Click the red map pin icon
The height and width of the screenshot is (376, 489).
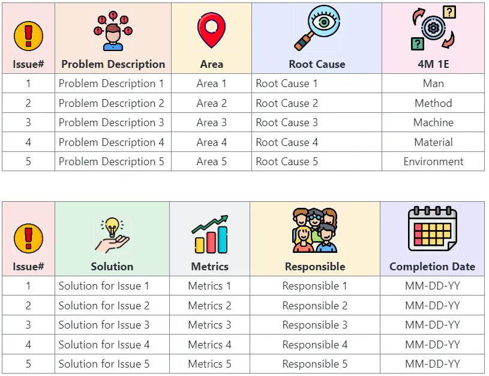pos(211,30)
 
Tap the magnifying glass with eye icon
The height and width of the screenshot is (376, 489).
pos(317,28)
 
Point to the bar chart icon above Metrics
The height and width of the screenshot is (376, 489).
pos(210,234)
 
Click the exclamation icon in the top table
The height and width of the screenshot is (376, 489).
pos(28,36)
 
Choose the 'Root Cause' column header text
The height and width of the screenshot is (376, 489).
pos(317,64)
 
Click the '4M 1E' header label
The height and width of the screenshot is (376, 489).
pos(433,64)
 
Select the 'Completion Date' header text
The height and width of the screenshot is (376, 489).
pos(432,267)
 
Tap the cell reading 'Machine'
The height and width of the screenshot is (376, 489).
pos(433,123)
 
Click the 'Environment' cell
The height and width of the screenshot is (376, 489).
pos(433,162)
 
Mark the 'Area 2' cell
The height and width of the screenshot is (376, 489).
pos(211,103)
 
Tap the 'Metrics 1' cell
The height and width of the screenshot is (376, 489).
pos(209,286)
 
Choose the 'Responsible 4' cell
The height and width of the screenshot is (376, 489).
pos(315,344)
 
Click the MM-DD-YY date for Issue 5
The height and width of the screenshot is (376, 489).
pos(433,364)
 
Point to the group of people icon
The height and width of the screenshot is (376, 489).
pos(315,230)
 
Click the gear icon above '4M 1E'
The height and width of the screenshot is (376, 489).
pos(433,28)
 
